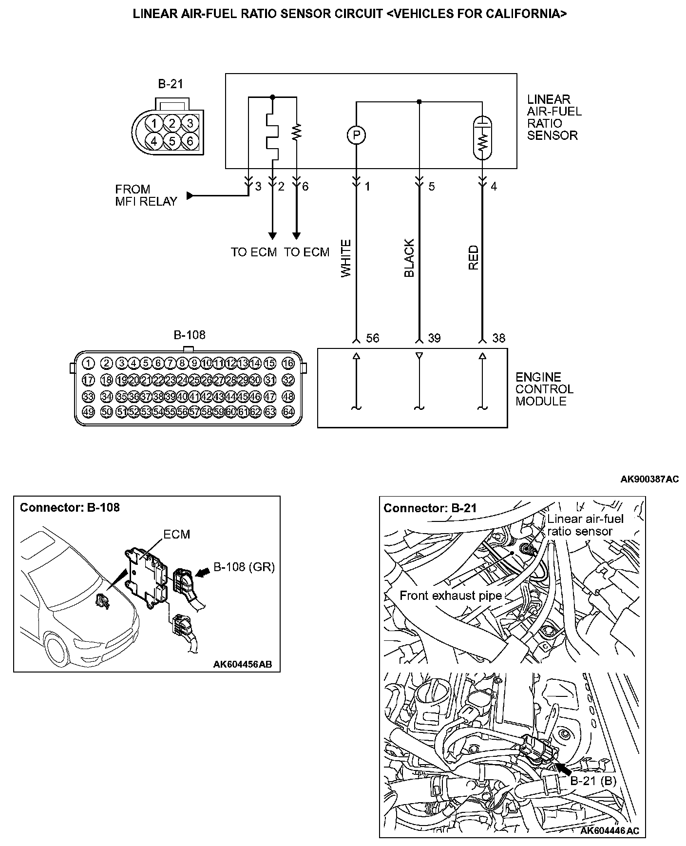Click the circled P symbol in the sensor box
point(356,135)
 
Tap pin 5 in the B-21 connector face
point(172,141)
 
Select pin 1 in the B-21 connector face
point(154,123)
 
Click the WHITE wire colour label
point(346,258)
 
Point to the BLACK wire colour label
point(409,258)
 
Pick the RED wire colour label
point(473,258)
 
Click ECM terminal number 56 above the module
point(372,338)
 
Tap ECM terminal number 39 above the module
point(434,338)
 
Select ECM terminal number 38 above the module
point(498,338)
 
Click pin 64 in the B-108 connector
point(288,411)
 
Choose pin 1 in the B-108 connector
point(88,363)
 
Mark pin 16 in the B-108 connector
point(288,363)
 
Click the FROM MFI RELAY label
point(146,195)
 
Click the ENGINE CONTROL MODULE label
point(544,389)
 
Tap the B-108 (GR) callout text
point(244,567)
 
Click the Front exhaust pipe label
point(450,595)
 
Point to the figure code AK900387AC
point(649,479)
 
